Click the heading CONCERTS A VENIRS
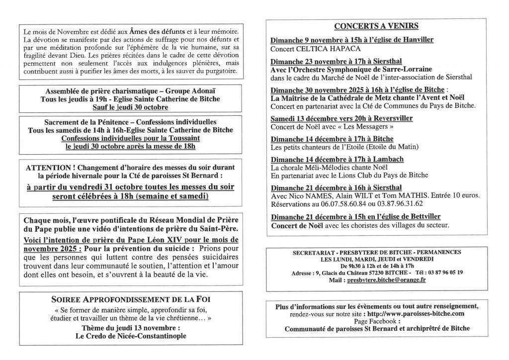tap(376, 26)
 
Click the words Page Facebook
tap(376, 321)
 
